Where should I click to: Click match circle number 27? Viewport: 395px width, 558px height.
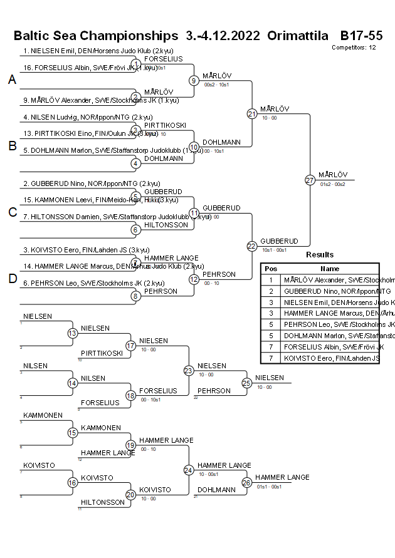pyautogui.click(x=310, y=180)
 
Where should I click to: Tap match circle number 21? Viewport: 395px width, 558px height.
pyautogui.click(x=252, y=113)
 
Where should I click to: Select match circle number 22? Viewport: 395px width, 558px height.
pyautogui.click(x=252, y=246)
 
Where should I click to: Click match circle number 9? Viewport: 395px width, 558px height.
pyautogui.click(x=194, y=80)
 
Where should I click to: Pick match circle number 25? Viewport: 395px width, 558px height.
pyautogui.click(x=247, y=383)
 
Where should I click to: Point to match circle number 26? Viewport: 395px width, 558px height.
pyautogui.click(x=247, y=482)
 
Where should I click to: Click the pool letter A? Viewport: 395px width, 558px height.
pyautogui.click(x=12, y=80)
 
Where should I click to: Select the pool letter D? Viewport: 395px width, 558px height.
pyautogui.click(x=12, y=279)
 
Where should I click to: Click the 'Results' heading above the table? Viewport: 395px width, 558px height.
pyautogui.click(x=320, y=255)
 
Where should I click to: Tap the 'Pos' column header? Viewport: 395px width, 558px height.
pyautogui.click(x=271, y=268)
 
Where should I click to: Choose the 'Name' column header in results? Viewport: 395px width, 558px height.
pyautogui.click(x=329, y=268)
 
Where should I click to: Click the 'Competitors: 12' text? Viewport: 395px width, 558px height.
pyautogui.click(x=354, y=47)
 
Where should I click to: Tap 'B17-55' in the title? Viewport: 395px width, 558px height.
pyautogui.click(x=361, y=35)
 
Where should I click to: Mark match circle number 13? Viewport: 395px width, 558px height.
pyautogui.click(x=72, y=333)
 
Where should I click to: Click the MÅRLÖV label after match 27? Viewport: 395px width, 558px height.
pyautogui.click(x=332, y=175)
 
